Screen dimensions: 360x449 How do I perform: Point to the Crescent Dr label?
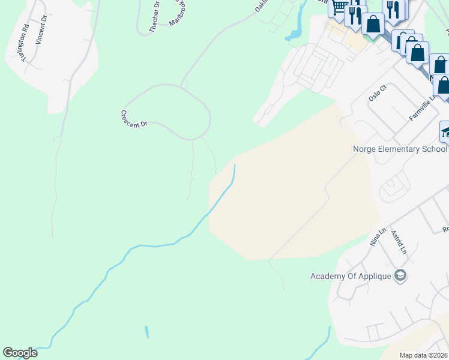[134, 119]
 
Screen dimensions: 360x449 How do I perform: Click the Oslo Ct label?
[378, 94]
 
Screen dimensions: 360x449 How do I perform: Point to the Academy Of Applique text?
[351, 276]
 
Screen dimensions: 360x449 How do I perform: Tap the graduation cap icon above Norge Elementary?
[445, 131]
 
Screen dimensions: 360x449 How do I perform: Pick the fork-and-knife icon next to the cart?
[355, 13]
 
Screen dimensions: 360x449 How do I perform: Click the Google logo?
[20, 353]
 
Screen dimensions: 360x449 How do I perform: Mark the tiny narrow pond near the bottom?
[146, 332]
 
